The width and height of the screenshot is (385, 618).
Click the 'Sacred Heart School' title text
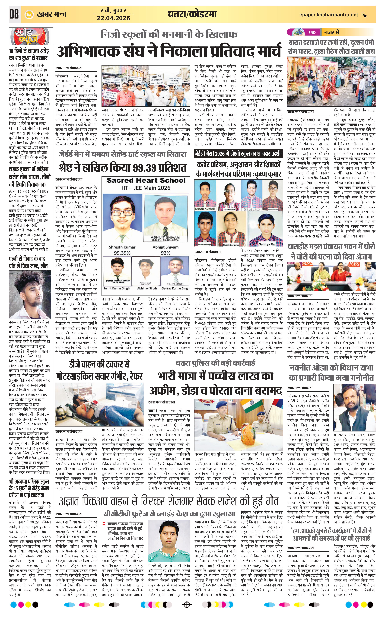(146, 181)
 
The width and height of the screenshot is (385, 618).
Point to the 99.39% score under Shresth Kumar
(122, 253)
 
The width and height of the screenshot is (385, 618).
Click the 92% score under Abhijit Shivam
(165, 253)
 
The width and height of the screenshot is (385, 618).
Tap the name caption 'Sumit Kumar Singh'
(116, 288)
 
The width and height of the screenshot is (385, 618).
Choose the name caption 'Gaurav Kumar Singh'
(175, 288)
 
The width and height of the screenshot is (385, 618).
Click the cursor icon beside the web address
(364, 15)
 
